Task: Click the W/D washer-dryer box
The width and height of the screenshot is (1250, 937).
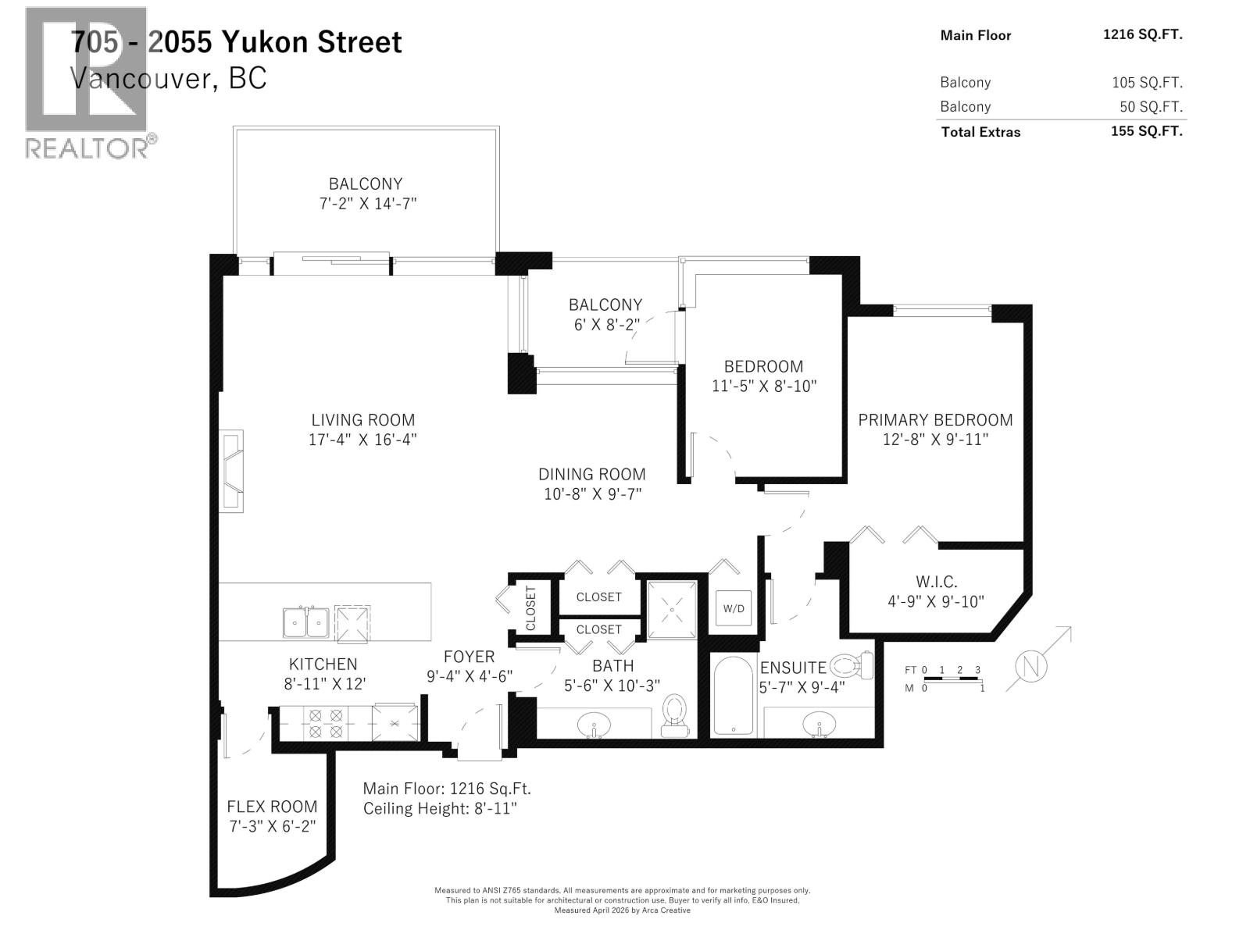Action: tap(734, 608)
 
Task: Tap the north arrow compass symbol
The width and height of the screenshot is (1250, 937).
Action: tap(1031, 668)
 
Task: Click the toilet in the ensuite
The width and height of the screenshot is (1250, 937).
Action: tap(852, 666)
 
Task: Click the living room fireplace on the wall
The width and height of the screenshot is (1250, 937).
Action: tap(231, 471)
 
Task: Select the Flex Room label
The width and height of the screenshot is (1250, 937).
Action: tap(272, 807)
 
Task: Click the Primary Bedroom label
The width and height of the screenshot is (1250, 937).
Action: tap(935, 420)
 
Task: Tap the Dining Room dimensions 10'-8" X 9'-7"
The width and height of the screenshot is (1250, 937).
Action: tap(593, 493)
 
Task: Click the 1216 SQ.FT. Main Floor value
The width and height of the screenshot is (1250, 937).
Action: tap(1142, 34)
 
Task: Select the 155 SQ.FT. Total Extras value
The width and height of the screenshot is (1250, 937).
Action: tap(1146, 131)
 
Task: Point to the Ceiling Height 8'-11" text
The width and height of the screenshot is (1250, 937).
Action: tap(440, 808)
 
